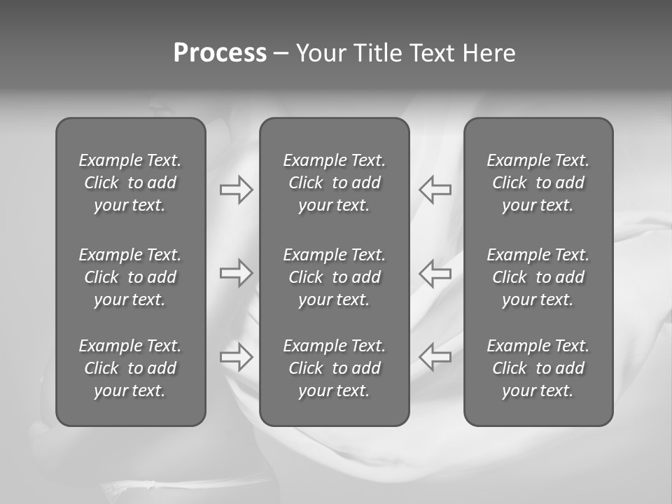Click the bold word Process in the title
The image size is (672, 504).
(x=220, y=53)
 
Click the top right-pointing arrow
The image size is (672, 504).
(x=236, y=190)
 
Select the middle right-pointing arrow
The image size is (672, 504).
(x=236, y=273)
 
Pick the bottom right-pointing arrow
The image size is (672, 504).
(x=236, y=357)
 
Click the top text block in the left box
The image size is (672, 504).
(x=130, y=183)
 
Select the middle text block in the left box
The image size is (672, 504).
(x=130, y=277)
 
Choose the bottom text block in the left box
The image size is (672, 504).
(x=130, y=368)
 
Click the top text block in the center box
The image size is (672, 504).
(x=334, y=183)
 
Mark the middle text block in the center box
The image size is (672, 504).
(x=334, y=277)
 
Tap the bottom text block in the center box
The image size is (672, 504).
(x=334, y=368)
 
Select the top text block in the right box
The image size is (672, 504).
(x=538, y=183)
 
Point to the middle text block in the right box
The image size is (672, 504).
(x=538, y=277)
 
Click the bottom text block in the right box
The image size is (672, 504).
(x=538, y=368)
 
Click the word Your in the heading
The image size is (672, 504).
(x=321, y=53)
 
